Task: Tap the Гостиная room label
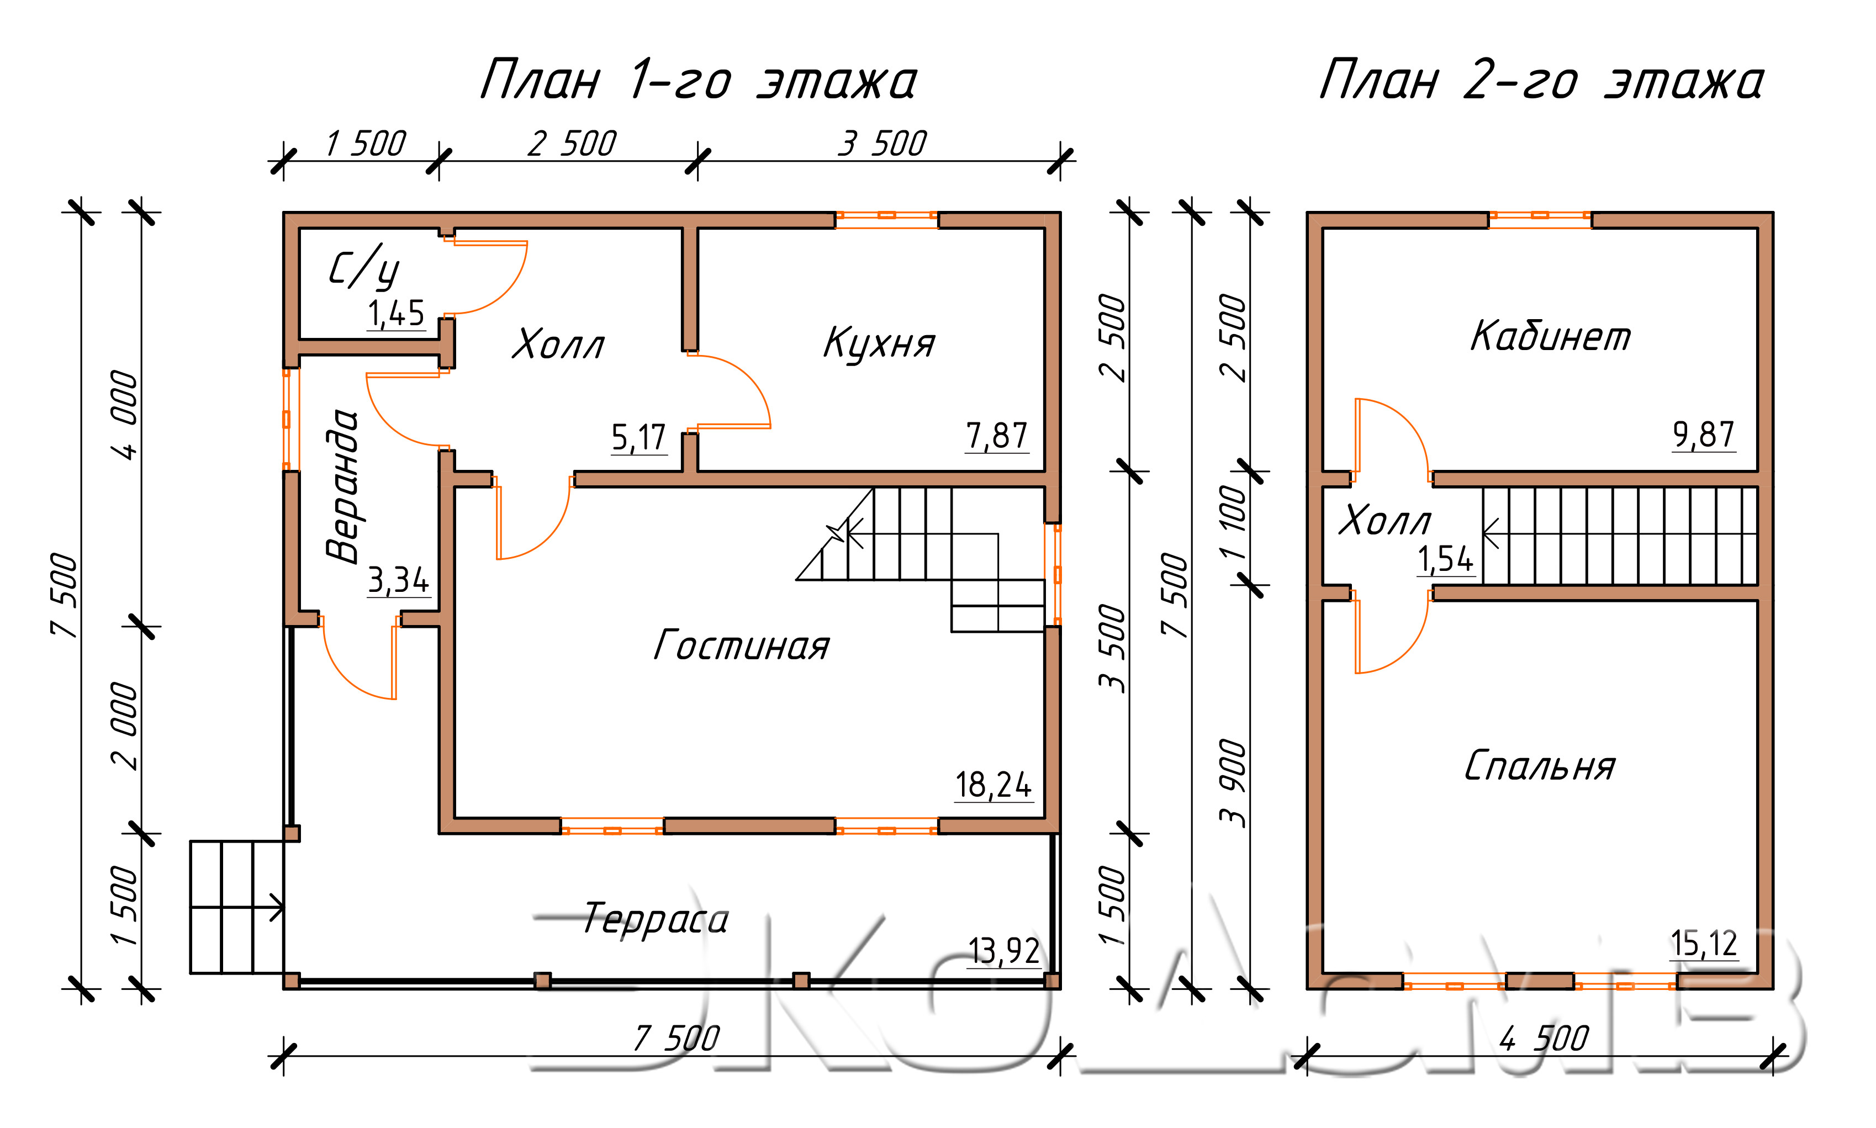click(741, 645)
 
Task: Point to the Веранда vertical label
click(342, 486)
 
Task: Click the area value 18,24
click(994, 785)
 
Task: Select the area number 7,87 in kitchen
click(996, 436)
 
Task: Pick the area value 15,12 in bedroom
click(1704, 944)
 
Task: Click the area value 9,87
click(1704, 435)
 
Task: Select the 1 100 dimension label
click(1233, 522)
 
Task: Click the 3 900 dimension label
click(1233, 783)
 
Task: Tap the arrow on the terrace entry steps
click(236, 908)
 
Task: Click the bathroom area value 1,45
click(396, 313)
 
